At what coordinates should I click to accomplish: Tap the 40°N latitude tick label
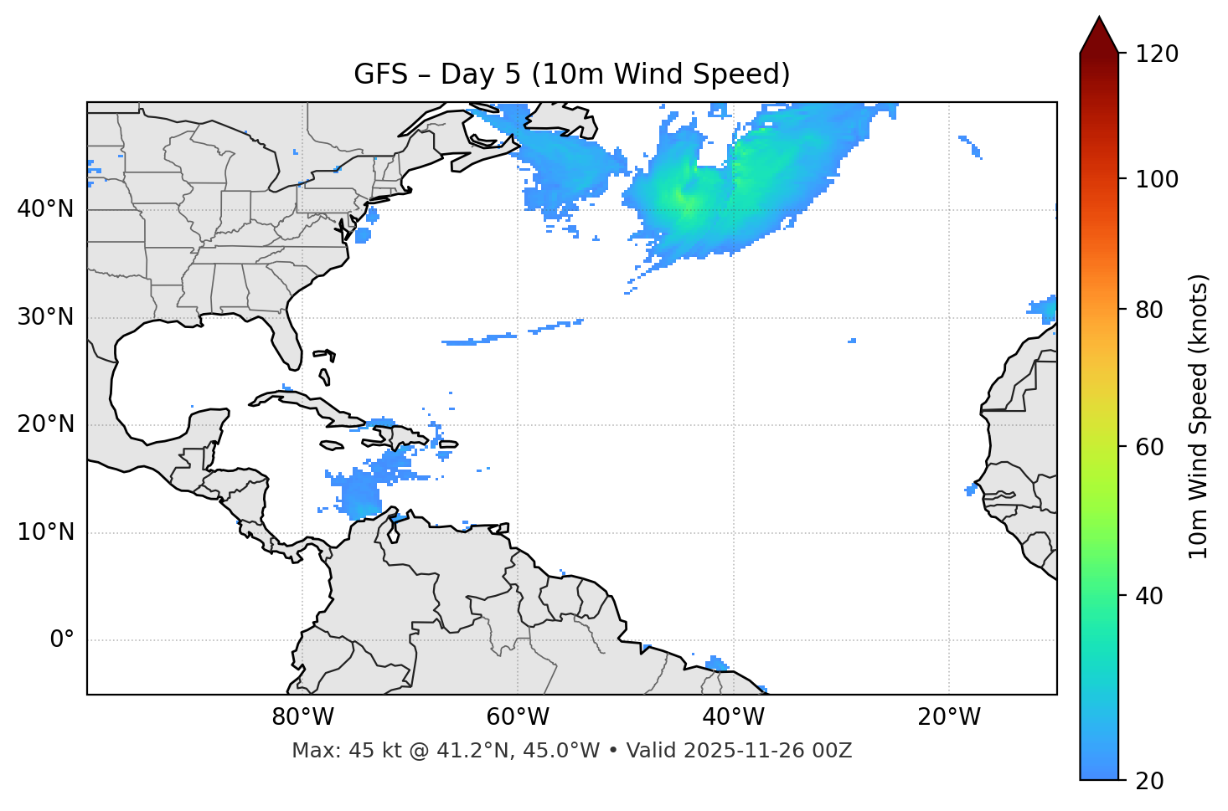[x=45, y=209]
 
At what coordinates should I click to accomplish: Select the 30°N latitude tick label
[x=45, y=317]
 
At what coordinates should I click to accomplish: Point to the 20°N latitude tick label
[x=45, y=424]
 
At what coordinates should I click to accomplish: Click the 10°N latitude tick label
[x=45, y=532]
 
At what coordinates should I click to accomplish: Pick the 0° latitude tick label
[x=62, y=640]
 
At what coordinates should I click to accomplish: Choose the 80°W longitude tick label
[x=302, y=717]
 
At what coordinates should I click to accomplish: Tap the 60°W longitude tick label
[x=518, y=717]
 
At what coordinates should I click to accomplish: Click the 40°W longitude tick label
[x=734, y=717]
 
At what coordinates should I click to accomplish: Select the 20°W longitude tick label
[x=949, y=717]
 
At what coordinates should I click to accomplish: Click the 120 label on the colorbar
[x=1156, y=54]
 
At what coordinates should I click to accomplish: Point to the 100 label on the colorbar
[x=1156, y=179]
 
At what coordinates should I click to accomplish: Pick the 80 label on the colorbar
[x=1149, y=310]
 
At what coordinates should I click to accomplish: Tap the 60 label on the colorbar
[x=1149, y=447]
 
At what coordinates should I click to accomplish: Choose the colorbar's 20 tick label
[x=1149, y=781]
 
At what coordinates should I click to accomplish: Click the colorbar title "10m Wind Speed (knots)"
[x=1199, y=416]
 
